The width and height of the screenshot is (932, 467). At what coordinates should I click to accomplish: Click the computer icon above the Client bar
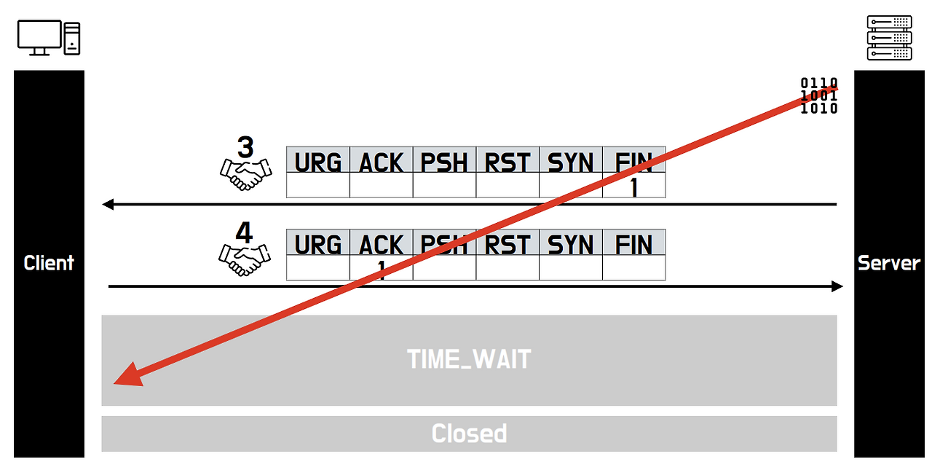click(48, 37)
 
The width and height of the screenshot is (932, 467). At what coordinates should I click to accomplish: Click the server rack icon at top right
click(889, 37)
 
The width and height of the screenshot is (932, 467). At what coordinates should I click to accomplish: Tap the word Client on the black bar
click(49, 263)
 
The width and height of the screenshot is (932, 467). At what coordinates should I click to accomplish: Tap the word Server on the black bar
click(889, 263)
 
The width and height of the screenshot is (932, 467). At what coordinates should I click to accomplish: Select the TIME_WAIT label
click(469, 359)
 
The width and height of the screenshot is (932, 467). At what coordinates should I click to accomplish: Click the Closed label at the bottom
click(469, 433)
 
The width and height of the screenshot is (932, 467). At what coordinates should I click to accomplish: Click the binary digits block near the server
click(819, 95)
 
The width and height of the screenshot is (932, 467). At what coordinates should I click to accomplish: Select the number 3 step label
click(245, 147)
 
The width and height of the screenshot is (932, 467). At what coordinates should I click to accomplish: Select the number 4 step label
click(244, 232)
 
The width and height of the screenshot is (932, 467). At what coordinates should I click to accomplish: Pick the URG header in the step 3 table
click(318, 162)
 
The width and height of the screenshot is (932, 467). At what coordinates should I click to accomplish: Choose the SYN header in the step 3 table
click(571, 162)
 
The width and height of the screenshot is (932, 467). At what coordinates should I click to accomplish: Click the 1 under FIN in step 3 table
click(633, 187)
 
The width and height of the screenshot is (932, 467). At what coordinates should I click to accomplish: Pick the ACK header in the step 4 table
click(382, 245)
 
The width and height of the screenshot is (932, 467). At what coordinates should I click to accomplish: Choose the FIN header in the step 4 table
click(633, 245)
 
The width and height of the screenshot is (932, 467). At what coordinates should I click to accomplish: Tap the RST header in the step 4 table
click(508, 245)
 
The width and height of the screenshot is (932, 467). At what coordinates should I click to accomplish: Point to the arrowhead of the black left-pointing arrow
click(108, 205)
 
